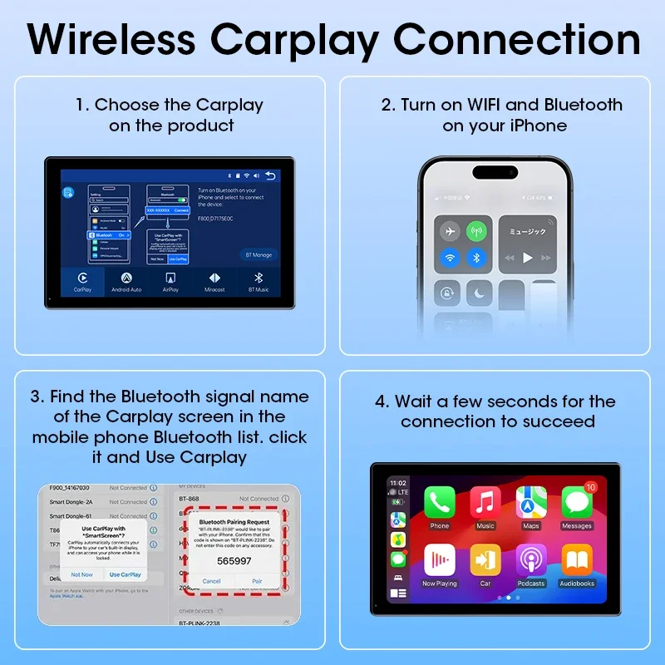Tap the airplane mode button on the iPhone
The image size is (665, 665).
(450, 231)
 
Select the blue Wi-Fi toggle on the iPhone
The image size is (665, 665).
(450, 258)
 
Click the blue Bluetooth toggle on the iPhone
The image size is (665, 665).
(476, 258)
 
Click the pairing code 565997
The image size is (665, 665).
(234, 560)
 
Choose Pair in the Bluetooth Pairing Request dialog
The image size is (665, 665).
(257, 581)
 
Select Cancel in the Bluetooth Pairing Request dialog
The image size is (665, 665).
(211, 581)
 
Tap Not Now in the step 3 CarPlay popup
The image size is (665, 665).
(82, 574)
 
